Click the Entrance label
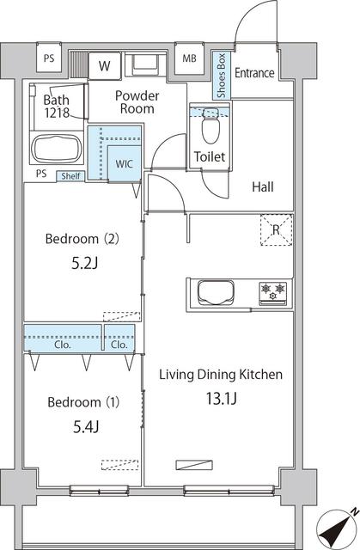coord(254,72)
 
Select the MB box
coord(188,59)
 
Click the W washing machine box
coord(105,65)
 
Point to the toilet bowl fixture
coord(210,129)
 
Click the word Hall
coord(263,186)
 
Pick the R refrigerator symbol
coord(275,230)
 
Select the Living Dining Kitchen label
coord(221,375)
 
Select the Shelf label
coord(70,176)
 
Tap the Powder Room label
coord(136,102)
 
